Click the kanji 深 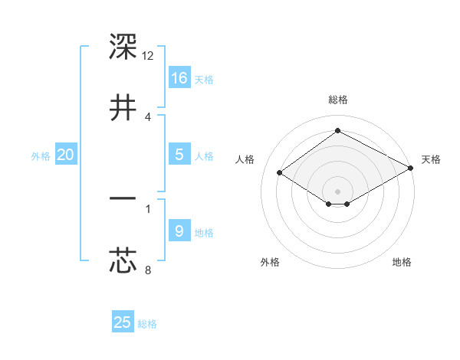[x=123, y=47]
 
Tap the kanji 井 [x=123, y=107]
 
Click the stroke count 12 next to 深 [x=148, y=56]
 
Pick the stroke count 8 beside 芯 [x=147, y=270]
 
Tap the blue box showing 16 [x=179, y=77]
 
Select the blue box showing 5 [x=179, y=155]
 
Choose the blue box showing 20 [x=66, y=155]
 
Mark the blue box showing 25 [x=123, y=322]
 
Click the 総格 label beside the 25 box [x=147, y=324]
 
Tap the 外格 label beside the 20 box [x=41, y=156]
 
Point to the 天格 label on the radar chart [x=431, y=159]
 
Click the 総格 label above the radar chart [x=337, y=100]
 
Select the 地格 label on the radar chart [x=402, y=263]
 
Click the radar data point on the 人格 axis [x=280, y=173]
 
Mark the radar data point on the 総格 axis [x=337, y=130]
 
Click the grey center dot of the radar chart [x=337, y=191]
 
